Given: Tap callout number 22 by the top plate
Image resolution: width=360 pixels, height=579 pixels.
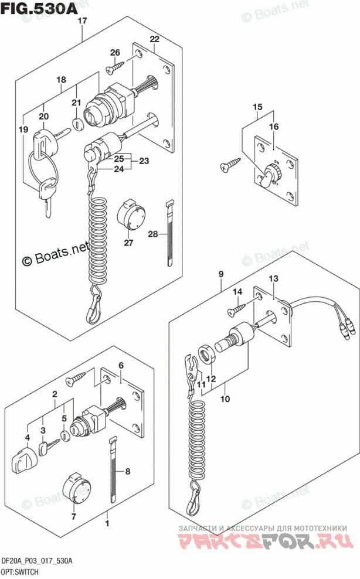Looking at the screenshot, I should pos(154,39).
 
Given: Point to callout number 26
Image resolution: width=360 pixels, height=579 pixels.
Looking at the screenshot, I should pos(114,53).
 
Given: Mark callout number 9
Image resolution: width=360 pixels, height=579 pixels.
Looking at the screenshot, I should pos(222,274).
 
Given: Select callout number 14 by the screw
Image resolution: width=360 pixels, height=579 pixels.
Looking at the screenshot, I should pos(237,291).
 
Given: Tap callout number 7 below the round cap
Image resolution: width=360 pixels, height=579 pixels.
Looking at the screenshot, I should pos(74,517).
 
